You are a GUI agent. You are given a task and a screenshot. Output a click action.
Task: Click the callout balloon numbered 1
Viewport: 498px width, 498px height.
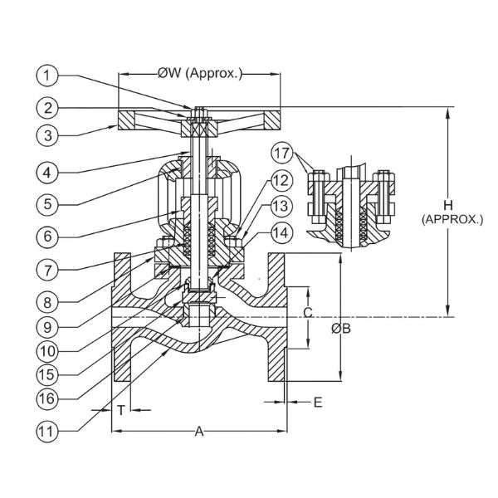pyautogui.click(x=47, y=76)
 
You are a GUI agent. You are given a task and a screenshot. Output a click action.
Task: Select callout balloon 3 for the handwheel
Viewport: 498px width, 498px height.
pyautogui.click(x=47, y=135)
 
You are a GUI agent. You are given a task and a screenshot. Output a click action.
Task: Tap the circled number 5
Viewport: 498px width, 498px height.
pyautogui.click(x=47, y=203)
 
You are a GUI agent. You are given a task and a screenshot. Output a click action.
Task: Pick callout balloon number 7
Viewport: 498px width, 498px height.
pyautogui.click(x=47, y=271)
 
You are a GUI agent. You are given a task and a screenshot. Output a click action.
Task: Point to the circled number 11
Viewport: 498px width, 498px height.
pyautogui.click(x=47, y=432)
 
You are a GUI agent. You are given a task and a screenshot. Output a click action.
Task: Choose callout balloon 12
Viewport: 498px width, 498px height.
pyautogui.click(x=281, y=180)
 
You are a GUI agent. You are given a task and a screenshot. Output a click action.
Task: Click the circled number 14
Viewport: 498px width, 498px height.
pyautogui.click(x=281, y=232)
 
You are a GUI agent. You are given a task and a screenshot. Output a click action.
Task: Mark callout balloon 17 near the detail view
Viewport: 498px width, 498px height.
pyautogui.click(x=281, y=153)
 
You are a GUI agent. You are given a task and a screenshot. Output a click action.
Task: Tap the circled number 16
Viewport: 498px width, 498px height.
pyautogui.click(x=47, y=398)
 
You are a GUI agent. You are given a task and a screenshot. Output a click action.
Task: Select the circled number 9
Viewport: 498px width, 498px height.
pyautogui.click(x=47, y=327)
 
